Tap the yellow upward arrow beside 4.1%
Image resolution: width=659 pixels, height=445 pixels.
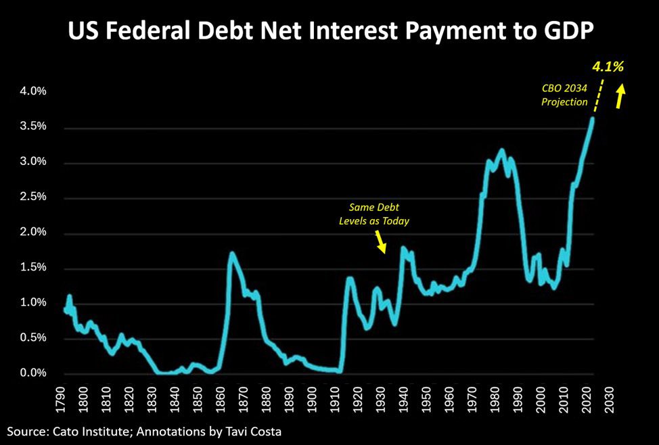[619, 96]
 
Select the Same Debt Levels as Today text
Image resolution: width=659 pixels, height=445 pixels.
[374, 213]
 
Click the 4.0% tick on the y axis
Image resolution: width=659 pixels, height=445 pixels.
[28, 92]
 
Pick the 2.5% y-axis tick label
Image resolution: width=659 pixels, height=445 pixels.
[28, 197]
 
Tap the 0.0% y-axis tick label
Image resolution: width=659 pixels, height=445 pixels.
[28, 373]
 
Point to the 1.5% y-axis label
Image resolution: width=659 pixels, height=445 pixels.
[28, 268]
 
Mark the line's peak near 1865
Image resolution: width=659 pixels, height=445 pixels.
[232, 254]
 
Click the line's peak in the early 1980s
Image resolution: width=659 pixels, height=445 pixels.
[501, 150]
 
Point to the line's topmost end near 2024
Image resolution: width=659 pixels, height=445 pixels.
[593, 119]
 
